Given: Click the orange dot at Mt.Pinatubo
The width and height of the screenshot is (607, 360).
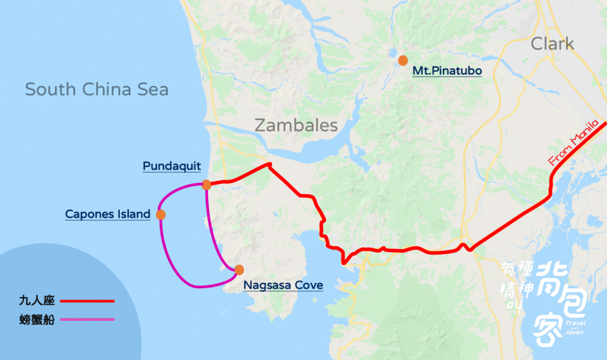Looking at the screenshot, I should (x=403, y=60).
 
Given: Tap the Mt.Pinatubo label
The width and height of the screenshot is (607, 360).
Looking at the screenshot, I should (x=447, y=72).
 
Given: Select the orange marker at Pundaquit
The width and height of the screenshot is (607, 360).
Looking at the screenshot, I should (x=206, y=184).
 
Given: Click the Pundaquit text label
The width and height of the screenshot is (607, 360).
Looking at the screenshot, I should (x=172, y=166).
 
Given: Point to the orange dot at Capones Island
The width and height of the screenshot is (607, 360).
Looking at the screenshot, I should (x=160, y=215).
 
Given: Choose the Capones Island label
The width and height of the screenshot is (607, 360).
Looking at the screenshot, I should (x=107, y=215).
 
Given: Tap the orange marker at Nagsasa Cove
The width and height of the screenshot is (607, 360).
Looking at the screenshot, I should (x=239, y=270).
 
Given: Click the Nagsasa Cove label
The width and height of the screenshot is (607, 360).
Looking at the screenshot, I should (x=283, y=286).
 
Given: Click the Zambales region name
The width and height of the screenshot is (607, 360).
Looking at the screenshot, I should (x=296, y=126).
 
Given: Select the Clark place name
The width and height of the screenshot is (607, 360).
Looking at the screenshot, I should (x=552, y=44).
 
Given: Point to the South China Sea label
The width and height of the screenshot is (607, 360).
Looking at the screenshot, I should (x=97, y=90).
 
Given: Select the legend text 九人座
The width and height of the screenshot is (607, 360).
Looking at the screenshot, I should (x=37, y=301).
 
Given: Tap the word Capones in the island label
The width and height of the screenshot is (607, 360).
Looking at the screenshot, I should (x=89, y=215).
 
